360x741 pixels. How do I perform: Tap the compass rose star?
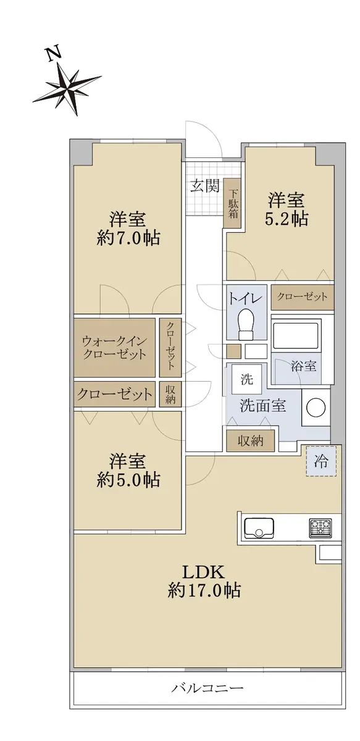[67, 89]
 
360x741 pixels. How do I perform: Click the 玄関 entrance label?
[205, 186]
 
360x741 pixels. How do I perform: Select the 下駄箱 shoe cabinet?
[233, 203]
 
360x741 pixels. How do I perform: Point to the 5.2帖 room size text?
[287, 219]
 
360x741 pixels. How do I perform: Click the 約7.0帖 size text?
[128, 238]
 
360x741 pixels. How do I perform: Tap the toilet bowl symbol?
[246, 324]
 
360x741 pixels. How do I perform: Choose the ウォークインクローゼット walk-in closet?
[114, 347]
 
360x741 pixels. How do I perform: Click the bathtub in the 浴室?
[296, 334]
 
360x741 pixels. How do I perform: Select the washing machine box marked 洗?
[246, 379]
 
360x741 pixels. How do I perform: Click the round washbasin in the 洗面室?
[316, 408]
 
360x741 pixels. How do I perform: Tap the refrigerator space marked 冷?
[321, 461]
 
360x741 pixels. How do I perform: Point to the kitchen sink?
[259, 528]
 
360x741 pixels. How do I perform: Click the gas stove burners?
[320, 527]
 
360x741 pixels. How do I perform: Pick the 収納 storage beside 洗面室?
[251, 441]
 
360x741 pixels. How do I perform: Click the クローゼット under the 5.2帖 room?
[302, 297]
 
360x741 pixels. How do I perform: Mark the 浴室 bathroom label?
[303, 366]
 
